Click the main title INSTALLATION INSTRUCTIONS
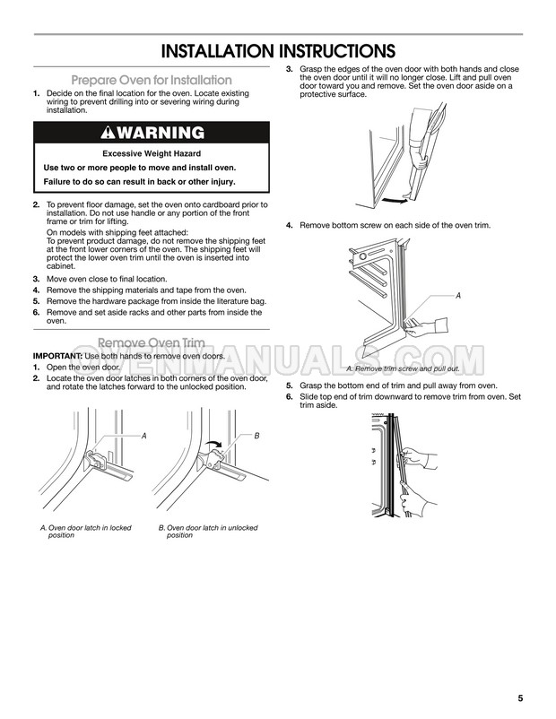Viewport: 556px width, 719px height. click(278, 51)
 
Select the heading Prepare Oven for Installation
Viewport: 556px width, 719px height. click(152, 80)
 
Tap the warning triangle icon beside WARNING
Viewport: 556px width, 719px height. click(109, 133)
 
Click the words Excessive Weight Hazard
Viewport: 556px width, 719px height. click(152, 153)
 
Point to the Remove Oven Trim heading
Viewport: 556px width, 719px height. click(152, 342)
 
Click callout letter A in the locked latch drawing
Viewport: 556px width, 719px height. click(144, 436)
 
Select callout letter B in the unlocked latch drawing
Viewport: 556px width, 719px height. click(256, 435)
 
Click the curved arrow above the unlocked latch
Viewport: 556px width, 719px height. click(213, 442)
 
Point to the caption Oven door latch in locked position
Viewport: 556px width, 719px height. click(86, 532)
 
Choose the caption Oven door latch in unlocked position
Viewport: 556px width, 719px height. click(208, 532)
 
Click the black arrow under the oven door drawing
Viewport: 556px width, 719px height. click(395, 200)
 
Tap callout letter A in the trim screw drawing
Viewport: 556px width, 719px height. click(458, 296)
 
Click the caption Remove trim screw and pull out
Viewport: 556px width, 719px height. click(403, 368)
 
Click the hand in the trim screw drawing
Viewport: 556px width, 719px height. click(425, 327)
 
